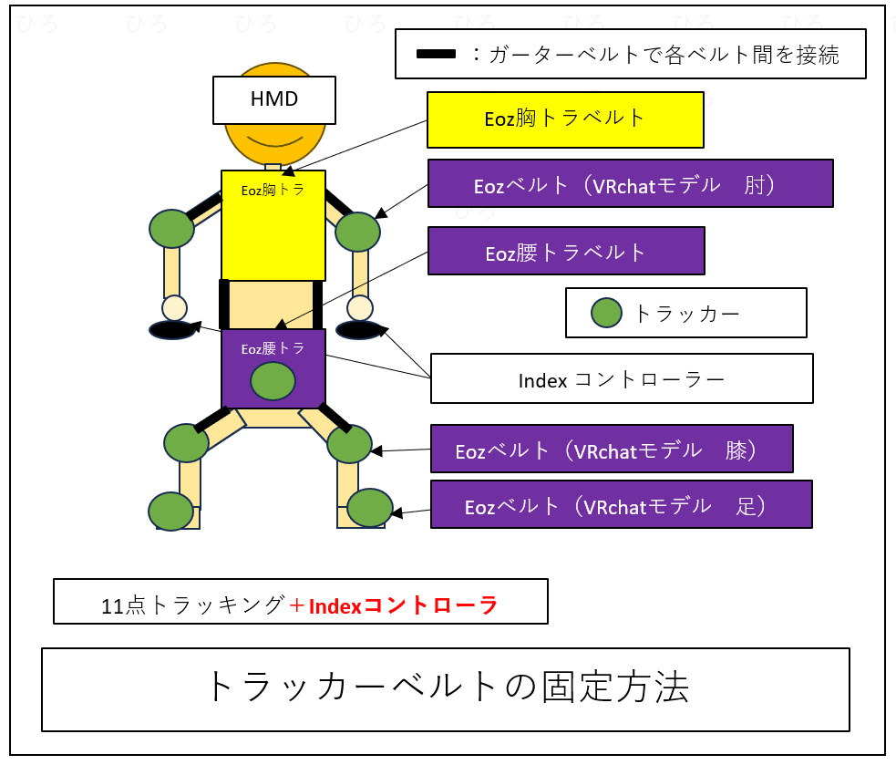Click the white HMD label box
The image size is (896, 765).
pyautogui.click(x=274, y=99)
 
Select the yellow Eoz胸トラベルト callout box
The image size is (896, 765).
pyautogui.click(x=565, y=119)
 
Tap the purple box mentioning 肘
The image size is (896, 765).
pyautogui.click(x=630, y=183)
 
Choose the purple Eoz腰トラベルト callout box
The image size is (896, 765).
pyautogui.click(x=565, y=251)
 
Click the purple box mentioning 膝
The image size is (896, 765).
pyautogui.click(x=611, y=449)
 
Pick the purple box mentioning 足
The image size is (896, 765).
pyautogui.click(x=621, y=504)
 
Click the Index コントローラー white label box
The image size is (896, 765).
pyautogui.click(x=622, y=378)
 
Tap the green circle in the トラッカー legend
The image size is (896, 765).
pyautogui.click(x=606, y=313)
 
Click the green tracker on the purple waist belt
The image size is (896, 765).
pyautogui.click(x=273, y=380)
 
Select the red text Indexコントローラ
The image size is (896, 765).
pyautogui.click(x=403, y=605)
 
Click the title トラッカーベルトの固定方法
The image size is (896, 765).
pyautogui.click(x=445, y=687)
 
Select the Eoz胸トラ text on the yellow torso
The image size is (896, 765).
pyautogui.click(x=273, y=191)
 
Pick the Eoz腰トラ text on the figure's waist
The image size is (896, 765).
pyautogui.click(x=273, y=348)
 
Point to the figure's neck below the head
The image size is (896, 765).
pyautogui.click(x=273, y=167)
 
